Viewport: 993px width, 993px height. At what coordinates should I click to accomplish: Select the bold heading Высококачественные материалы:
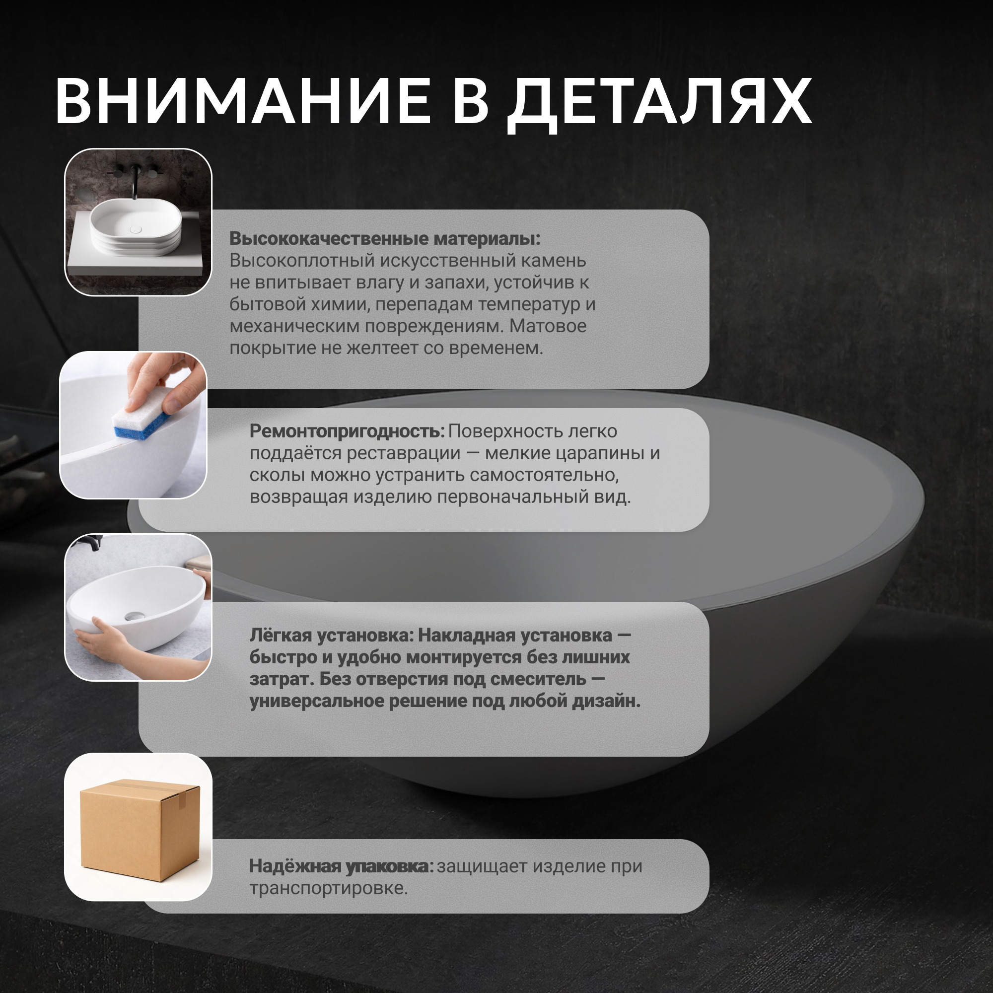(x=385, y=238)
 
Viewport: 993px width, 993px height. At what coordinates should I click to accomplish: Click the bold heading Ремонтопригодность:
(x=347, y=432)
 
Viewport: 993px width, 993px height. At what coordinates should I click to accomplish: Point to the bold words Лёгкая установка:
(x=332, y=636)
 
